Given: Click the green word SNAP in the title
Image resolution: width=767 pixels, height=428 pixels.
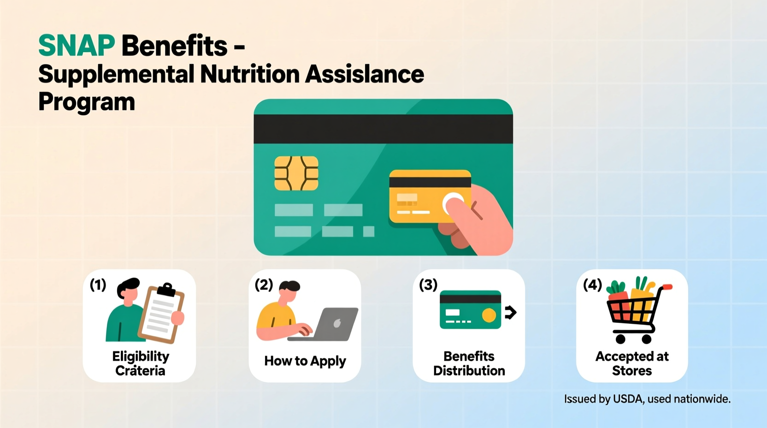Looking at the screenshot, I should point(77,46).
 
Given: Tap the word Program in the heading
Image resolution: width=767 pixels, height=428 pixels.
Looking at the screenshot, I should point(87,102).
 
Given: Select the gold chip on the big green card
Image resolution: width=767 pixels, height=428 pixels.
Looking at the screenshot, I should point(296,173).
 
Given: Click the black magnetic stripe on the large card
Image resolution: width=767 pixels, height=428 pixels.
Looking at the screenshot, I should point(383,129).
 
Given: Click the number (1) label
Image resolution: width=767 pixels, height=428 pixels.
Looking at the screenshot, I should point(98,285).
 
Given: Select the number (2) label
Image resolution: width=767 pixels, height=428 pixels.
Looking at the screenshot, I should point(264,285).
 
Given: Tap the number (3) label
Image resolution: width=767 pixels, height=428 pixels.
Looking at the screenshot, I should point(428,285).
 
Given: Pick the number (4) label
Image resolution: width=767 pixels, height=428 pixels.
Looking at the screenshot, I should point(592,285).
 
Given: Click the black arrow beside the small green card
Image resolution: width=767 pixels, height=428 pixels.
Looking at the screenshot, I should point(510,312).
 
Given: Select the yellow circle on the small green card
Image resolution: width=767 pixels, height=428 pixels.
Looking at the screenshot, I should point(489,315).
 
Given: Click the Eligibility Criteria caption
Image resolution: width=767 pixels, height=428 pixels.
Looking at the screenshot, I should point(141,363).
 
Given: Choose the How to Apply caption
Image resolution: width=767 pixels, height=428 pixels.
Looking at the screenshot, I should point(305,361).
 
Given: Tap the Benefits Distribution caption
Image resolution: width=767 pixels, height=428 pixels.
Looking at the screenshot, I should point(469,363).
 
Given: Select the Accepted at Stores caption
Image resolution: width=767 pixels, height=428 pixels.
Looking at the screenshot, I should point(632,363).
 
